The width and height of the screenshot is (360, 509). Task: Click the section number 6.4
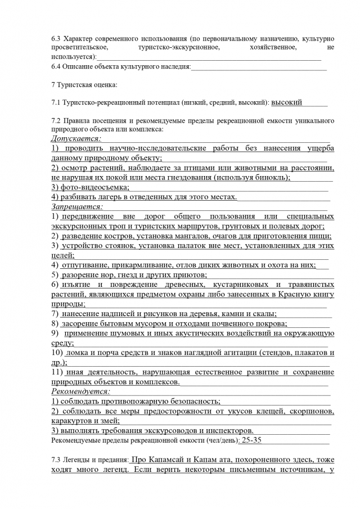56,67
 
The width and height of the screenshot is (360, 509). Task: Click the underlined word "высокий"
287,102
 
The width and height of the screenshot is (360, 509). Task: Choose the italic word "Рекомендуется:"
80,391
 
